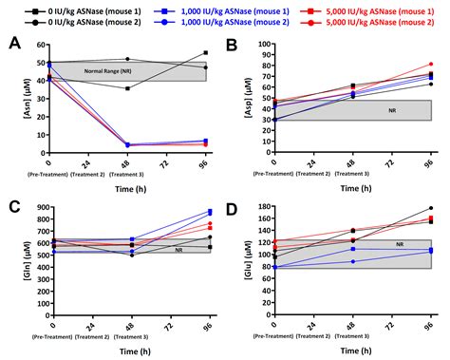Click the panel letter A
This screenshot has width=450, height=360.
coord(14,44)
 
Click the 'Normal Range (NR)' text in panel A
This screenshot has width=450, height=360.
coord(106,72)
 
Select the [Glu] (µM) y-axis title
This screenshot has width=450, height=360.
coord(244,259)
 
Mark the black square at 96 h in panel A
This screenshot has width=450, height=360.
coord(205,53)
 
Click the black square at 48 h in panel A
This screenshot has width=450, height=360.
coord(127,88)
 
